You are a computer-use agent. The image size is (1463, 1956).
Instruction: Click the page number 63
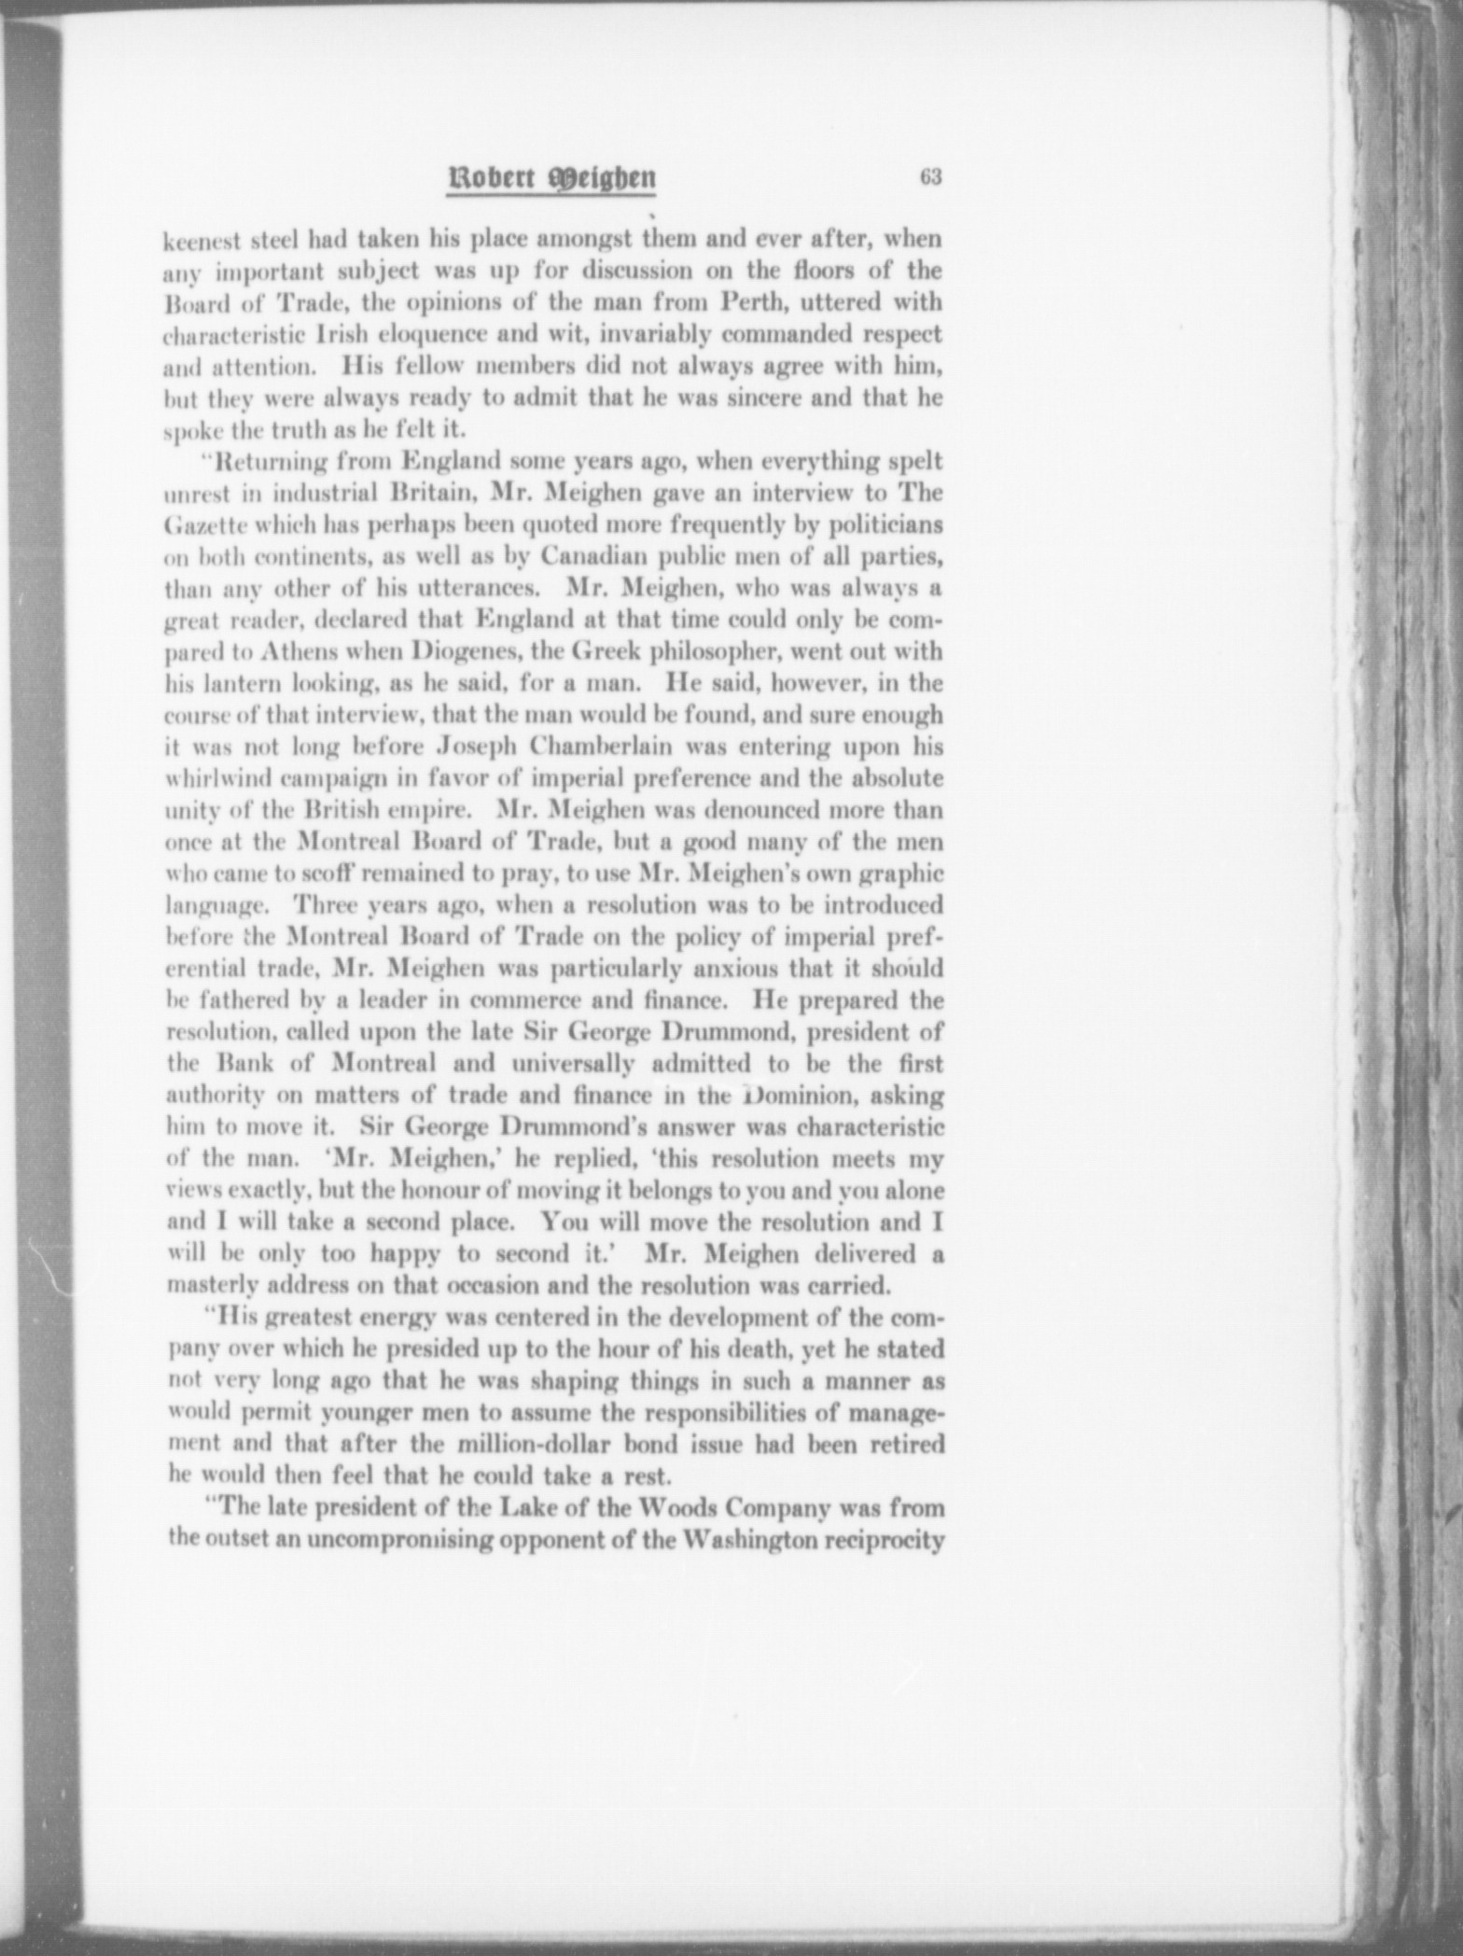(928, 177)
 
